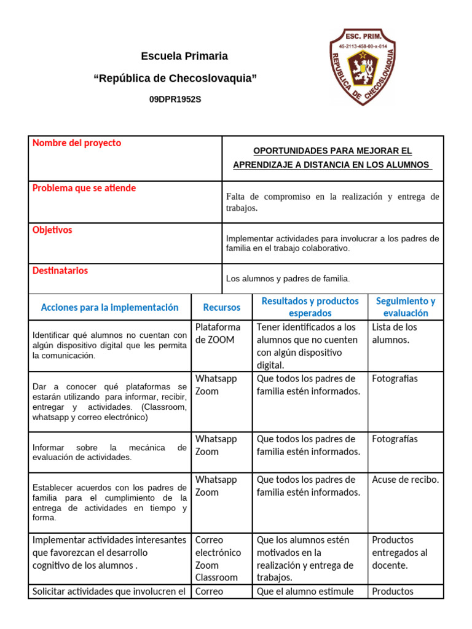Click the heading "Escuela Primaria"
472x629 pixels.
184,57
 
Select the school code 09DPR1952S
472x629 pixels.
175,99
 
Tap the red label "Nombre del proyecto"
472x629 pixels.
77,143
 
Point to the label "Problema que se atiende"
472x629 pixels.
84,188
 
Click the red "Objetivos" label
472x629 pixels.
52,230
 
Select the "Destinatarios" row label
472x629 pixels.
60,270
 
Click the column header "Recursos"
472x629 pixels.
222,307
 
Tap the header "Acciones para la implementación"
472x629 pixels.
109,307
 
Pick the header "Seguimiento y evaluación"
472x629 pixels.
406,307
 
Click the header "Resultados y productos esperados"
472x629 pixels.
310,307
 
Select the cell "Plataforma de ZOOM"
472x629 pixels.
218,334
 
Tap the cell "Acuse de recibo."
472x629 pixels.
406,480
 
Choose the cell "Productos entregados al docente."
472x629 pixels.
399,552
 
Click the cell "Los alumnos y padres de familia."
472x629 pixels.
288,279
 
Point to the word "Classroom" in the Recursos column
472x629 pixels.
216,577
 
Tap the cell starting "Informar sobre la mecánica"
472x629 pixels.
109,452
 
